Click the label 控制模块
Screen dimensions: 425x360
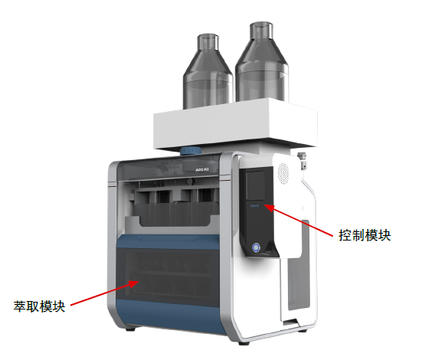(365, 235)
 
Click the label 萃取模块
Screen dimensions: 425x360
(39, 306)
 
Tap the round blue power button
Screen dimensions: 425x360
(256, 247)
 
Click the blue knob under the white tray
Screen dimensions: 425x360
(191, 151)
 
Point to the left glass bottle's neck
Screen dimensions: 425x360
(208, 42)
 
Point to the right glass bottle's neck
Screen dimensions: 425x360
(261, 31)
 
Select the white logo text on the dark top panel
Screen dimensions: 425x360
(202, 170)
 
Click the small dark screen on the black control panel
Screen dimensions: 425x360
(255, 185)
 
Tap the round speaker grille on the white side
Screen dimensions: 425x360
(283, 174)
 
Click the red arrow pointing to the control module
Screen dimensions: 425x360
(298, 221)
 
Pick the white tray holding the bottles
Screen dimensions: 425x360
(235, 124)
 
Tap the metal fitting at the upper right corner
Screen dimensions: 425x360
(302, 161)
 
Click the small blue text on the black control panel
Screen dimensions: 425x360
(255, 206)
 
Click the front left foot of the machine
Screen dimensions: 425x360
(131, 329)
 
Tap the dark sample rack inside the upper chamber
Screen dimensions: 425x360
(175, 214)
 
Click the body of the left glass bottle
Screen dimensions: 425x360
(208, 81)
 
